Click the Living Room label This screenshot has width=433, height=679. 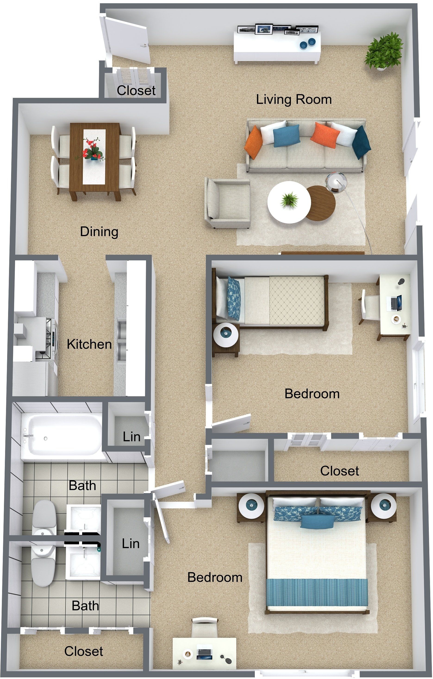tap(294, 99)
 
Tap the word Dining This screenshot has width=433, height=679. tap(99, 232)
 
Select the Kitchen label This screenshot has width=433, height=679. tap(89, 344)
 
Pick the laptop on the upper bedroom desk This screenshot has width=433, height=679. tap(396, 303)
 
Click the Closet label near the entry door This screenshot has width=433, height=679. tap(136, 90)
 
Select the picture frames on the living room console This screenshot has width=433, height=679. tap(278, 29)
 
